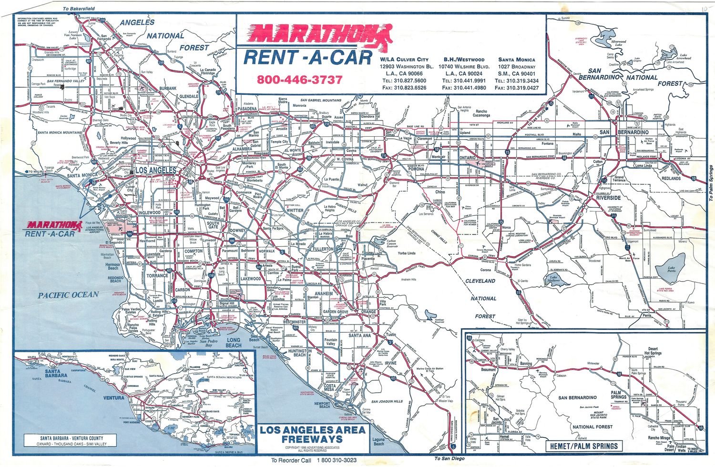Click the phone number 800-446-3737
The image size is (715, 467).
click(299, 80)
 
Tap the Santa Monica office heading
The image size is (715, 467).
click(517, 60)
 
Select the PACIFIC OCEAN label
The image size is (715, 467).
click(68, 295)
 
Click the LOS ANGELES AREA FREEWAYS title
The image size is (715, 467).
click(313, 434)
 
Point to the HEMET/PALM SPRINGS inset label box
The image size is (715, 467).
click(583, 446)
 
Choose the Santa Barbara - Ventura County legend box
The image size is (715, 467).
click(71, 440)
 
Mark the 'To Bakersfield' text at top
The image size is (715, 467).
click(79, 9)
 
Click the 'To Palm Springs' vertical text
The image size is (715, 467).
click(711, 183)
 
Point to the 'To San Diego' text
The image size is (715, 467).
click(449, 458)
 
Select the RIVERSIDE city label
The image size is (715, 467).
click(608, 197)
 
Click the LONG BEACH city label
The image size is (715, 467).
click(234, 343)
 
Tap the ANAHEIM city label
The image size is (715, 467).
click(324, 294)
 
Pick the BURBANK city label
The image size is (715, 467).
click(168, 89)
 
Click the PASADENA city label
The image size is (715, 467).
click(247, 109)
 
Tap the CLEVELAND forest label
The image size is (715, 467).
click(480, 281)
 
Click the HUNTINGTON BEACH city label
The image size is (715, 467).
click(300, 353)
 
